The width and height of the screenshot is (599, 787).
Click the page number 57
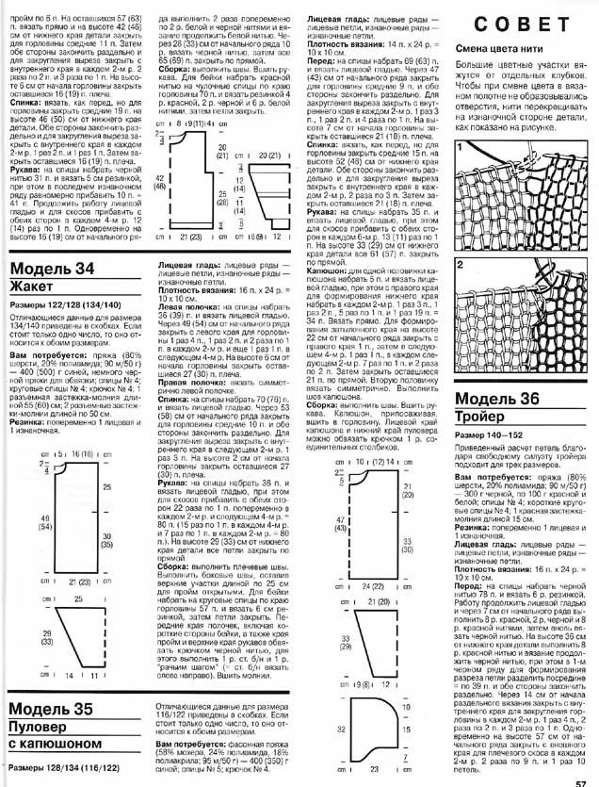pos(583,779)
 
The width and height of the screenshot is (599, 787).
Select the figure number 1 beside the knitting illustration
pos(460,148)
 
